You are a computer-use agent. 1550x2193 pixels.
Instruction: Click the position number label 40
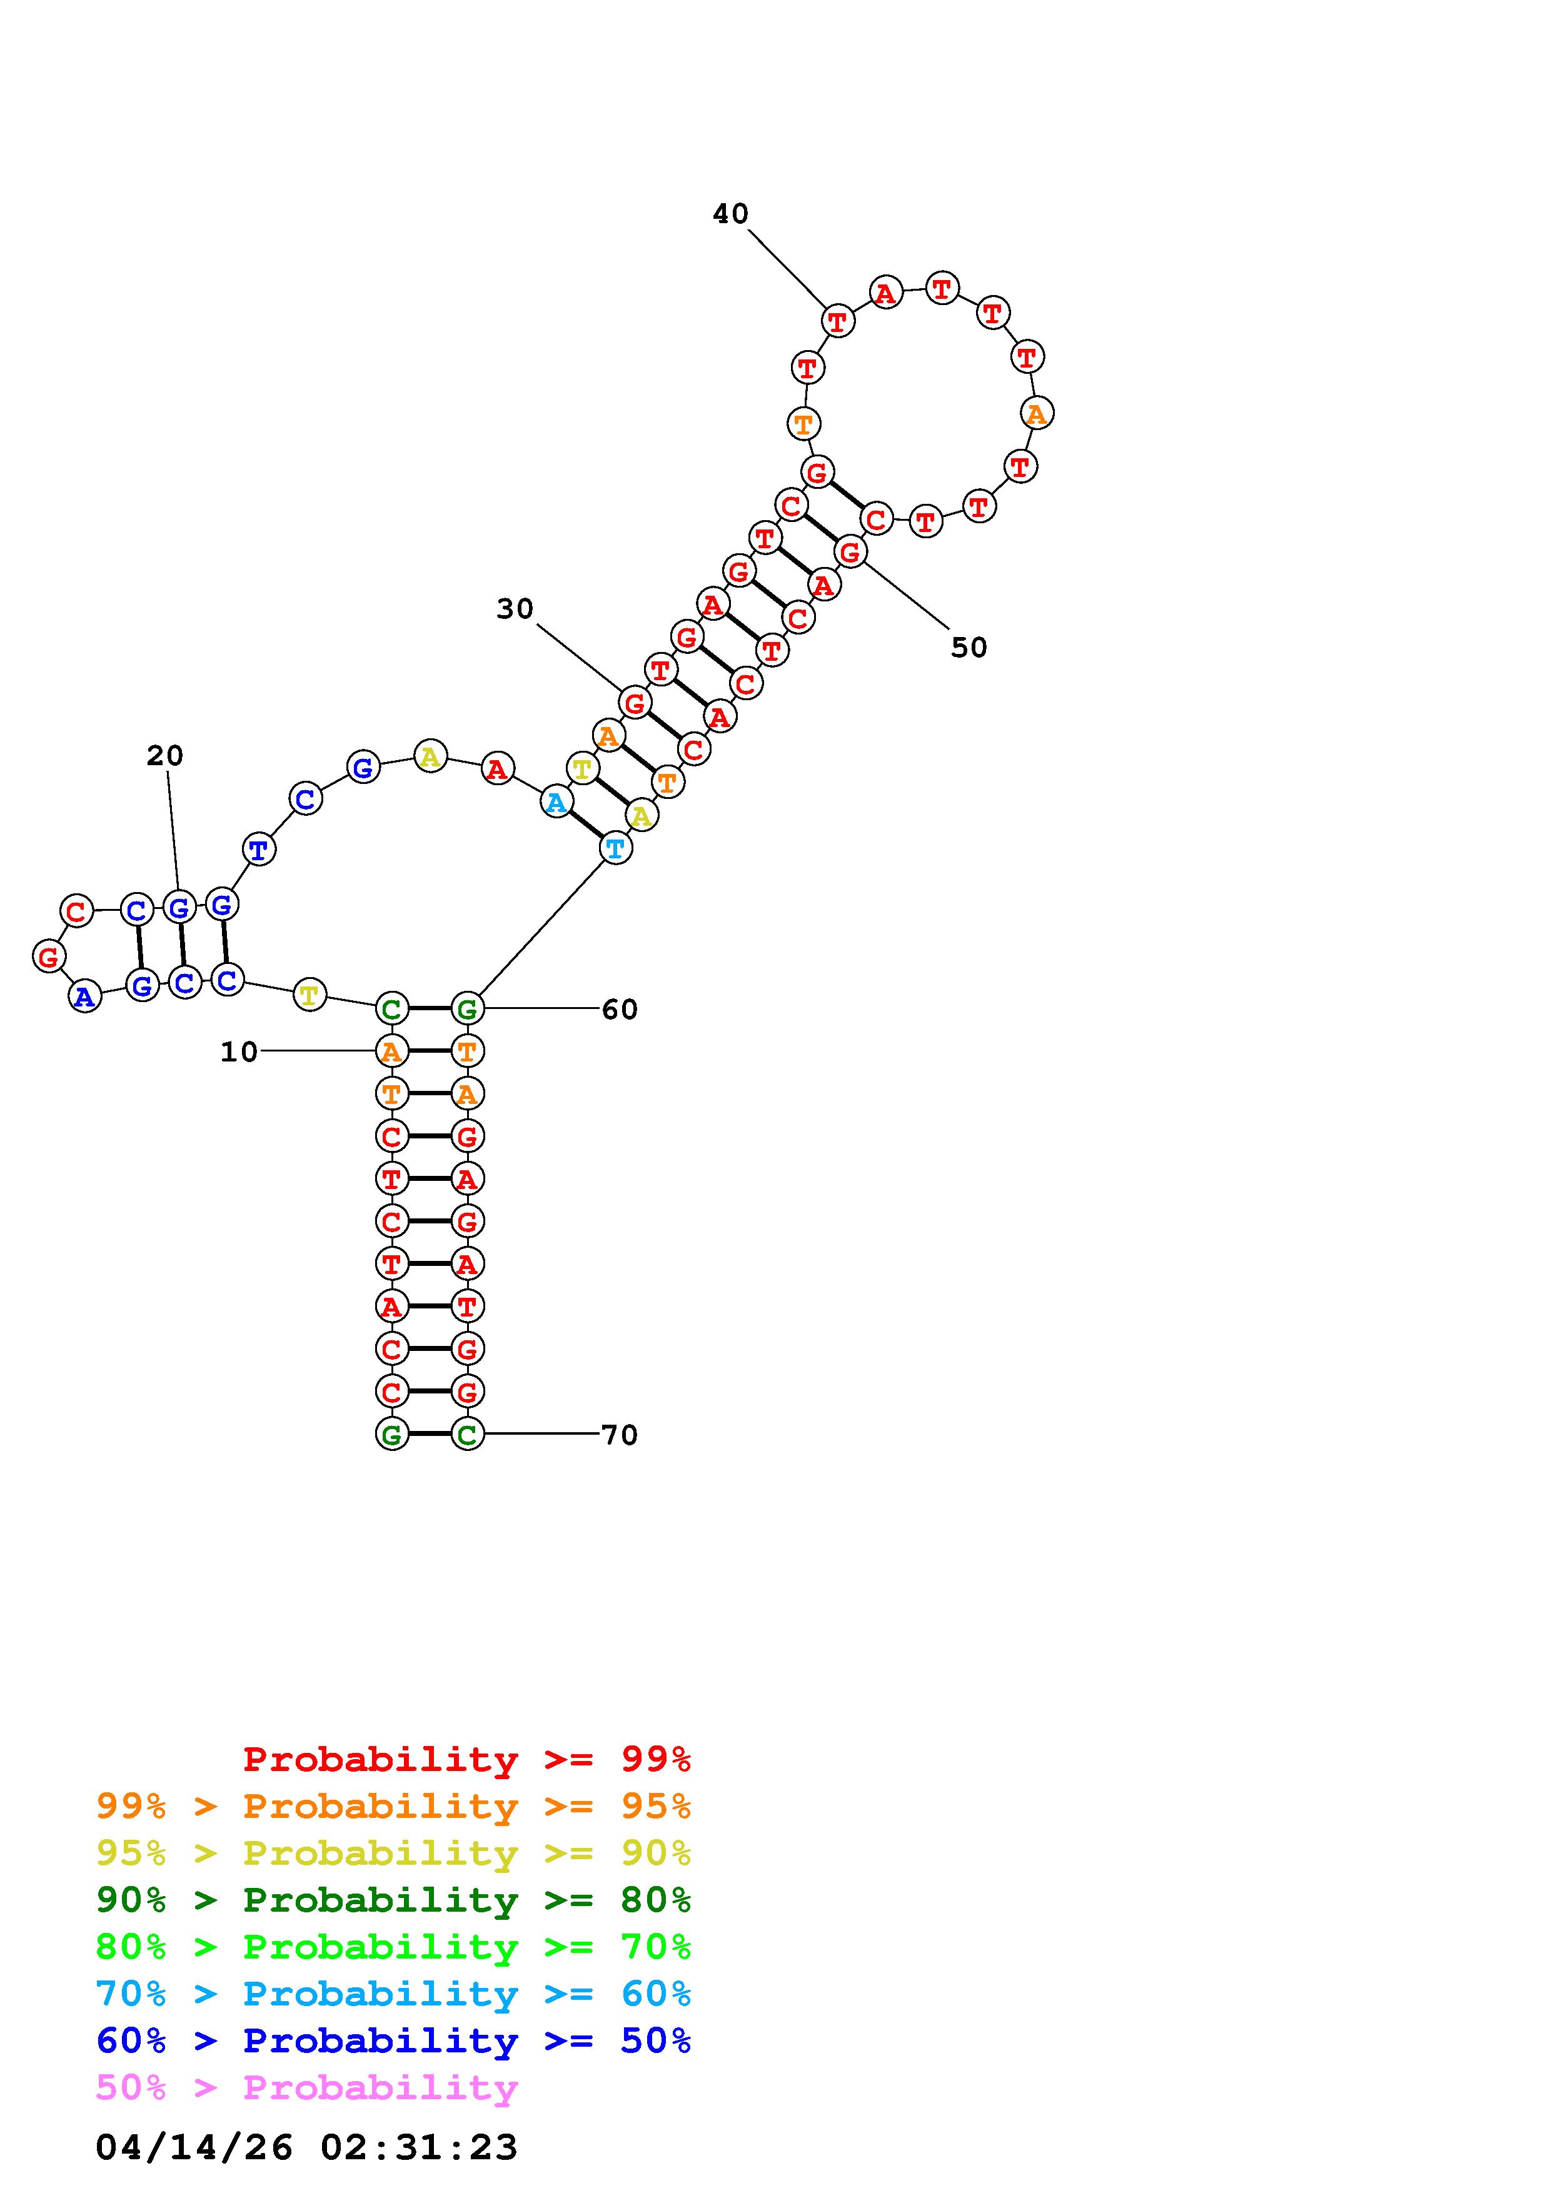(730, 214)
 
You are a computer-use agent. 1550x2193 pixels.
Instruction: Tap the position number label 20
(164, 756)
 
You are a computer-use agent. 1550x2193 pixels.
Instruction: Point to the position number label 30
(515, 610)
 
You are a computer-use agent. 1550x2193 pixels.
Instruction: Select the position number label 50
(969, 648)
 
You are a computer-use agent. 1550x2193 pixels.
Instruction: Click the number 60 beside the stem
(619, 1010)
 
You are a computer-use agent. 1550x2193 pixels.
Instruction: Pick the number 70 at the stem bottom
(619, 1435)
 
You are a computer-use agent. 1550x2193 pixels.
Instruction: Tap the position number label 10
(239, 1051)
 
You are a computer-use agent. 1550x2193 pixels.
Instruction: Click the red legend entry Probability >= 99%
(467, 1759)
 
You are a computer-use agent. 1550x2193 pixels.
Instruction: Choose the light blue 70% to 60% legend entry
(393, 1994)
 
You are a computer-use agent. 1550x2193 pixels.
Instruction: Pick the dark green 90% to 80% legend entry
(393, 1900)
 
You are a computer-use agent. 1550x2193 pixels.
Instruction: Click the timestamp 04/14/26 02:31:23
(306, 2147)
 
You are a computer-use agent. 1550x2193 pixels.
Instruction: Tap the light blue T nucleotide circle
(616, 847)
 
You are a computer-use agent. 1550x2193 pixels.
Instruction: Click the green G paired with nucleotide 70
(391, 1433)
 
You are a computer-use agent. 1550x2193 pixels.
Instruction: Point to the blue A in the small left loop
(85, 996)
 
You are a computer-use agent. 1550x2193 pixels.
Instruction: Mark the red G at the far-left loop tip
(49, 955)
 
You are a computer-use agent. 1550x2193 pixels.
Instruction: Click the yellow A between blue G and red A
(430, 756)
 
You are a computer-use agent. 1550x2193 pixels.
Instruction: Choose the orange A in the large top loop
(1036, 414)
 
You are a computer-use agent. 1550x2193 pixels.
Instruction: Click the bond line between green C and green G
(429, 1008)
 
